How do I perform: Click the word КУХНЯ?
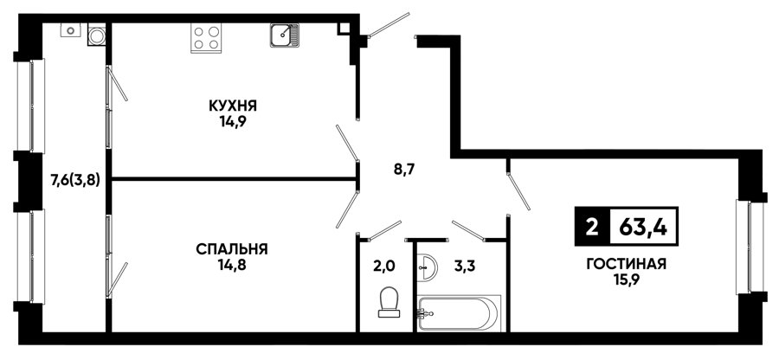(233, 106)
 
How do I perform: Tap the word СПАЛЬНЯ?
(232, 248)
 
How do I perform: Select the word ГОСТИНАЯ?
(626, 264)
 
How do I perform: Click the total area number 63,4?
(643, 227)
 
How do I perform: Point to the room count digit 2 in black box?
(591, 228)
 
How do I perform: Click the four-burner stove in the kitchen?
(206, 38)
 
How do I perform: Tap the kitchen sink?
(285, 35)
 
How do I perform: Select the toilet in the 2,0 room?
(389, 302)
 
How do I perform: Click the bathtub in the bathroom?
(459, 312)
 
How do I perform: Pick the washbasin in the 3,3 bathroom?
(426, 267)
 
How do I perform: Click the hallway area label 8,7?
(402, 170)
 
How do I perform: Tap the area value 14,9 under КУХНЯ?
(233, 122)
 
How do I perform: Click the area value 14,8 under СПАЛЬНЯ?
(233, 265)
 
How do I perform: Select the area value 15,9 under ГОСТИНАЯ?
(626, 280)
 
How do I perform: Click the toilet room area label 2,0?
(383, 267)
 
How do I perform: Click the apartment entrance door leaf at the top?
(389, 25)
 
